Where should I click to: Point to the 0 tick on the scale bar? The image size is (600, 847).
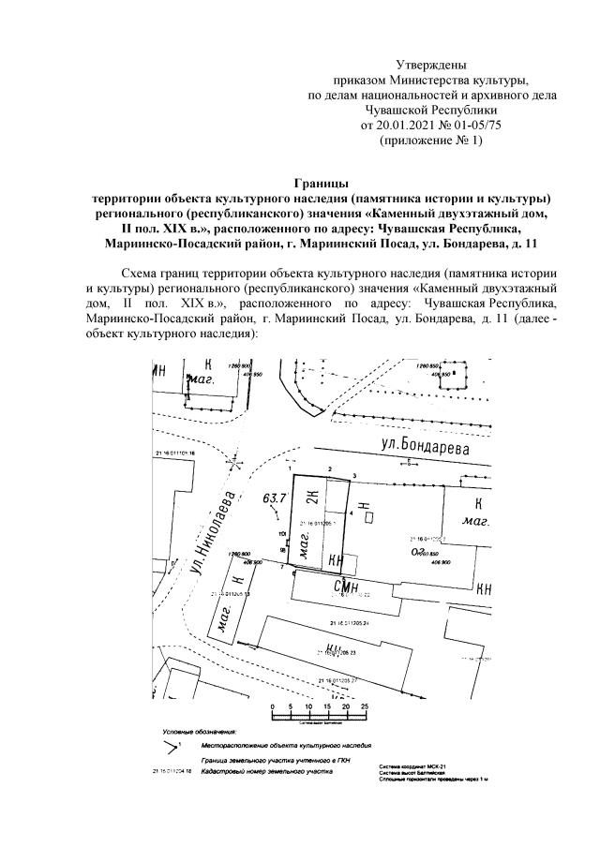coord(271,706)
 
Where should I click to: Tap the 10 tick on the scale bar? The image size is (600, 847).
coord(308,706)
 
